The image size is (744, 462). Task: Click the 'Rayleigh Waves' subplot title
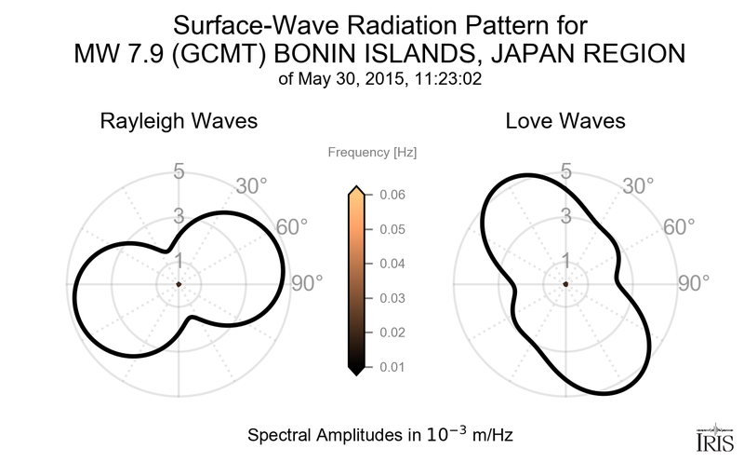178,121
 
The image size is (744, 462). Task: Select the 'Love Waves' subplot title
565,121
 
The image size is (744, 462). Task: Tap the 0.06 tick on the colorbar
392,195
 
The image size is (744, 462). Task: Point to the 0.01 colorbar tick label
392,366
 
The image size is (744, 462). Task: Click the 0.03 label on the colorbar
392,298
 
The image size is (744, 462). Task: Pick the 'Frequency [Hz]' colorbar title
365,152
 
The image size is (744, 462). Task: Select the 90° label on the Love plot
694,284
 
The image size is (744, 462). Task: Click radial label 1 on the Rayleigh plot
178,260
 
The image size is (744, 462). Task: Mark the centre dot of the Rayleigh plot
178,284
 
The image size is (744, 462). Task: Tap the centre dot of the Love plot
565,284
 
